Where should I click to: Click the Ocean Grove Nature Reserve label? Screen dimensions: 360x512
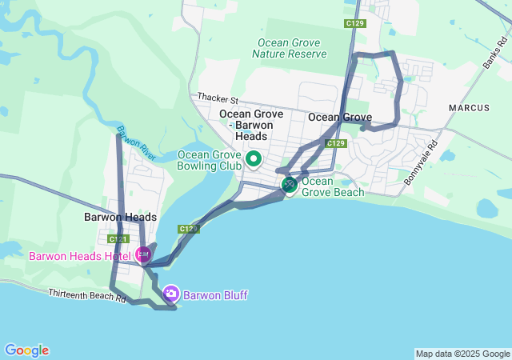click(290, 48)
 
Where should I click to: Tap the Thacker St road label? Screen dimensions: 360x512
click(218, 100)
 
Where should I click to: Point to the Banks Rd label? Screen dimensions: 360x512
click(496, 54)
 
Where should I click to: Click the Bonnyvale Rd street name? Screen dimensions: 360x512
click(422, 164)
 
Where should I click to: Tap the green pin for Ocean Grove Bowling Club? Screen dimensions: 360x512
click(254, 159)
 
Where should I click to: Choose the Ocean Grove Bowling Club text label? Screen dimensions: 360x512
click(209, 160)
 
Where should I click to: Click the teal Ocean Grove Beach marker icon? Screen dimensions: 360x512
click(289, 186)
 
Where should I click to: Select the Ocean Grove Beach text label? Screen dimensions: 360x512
click(332, 186)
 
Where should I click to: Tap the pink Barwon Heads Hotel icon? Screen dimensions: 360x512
click(143, 255)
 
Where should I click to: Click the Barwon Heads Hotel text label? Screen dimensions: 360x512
click(80, 256)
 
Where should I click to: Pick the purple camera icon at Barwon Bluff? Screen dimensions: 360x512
click(170, 294)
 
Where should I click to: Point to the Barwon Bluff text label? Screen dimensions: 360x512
click(215, 295)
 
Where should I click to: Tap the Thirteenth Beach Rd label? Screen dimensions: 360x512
click(86, 296)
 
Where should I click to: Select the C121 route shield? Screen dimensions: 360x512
click(118, 239)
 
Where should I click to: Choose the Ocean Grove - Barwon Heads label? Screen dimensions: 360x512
click(251, 125)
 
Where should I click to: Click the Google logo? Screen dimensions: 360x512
click(26, 350)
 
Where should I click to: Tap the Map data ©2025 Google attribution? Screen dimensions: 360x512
click(462, 354)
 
